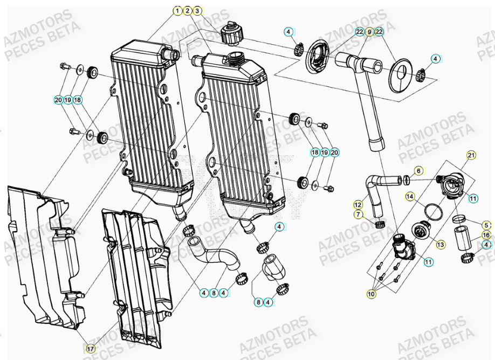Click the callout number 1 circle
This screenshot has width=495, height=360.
[x=177, y=10]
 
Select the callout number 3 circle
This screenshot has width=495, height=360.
[x=197, y=10]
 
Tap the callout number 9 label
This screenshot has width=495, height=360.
[x=369, y=32]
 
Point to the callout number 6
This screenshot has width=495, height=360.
[x=418, y=171]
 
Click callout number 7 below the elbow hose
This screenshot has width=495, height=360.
[x=358, y=214]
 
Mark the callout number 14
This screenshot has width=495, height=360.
[x=410, y=197]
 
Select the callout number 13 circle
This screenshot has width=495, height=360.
[x=441, y=244]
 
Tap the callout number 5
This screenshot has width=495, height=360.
[x=486, y=225]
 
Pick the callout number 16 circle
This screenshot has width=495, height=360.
[x=486, y=235]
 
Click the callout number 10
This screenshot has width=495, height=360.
[x=371, y=294]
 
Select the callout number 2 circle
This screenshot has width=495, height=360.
[x=187, y=10]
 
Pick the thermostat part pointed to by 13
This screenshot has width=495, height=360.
[x=420, y=233]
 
